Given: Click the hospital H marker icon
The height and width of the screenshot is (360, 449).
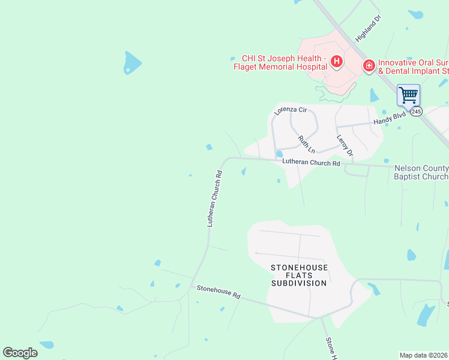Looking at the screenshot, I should click(x=337, y=61).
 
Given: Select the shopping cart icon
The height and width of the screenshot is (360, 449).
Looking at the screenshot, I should click(x=408, y=94).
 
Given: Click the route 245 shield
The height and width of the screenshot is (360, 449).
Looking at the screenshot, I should click(x=417, y=112).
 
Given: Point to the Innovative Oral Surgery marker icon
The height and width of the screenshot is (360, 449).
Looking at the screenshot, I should click(x=369, y=65).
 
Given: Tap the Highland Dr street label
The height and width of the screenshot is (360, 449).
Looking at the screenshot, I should click(x=369, y=28).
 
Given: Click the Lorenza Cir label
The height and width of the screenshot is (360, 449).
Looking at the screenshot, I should click(x=291, y=107).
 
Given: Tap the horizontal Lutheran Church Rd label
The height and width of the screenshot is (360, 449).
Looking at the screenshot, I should click(x=311, y=163).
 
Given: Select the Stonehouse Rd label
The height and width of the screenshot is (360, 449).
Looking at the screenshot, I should click(x=218, y=293).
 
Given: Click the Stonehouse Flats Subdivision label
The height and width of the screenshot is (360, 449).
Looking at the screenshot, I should click(x=299, y=275).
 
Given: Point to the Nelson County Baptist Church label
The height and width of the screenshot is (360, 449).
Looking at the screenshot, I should click(x=421, y=173).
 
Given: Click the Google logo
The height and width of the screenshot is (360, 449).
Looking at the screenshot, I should click(x=20, y=353).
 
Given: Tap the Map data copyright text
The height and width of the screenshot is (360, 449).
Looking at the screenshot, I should click(x=423, y=355).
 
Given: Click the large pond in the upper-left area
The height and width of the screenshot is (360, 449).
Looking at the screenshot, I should click(x=131, y=62).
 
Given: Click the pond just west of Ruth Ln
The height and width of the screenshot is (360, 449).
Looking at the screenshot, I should click(x=279, y=154).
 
